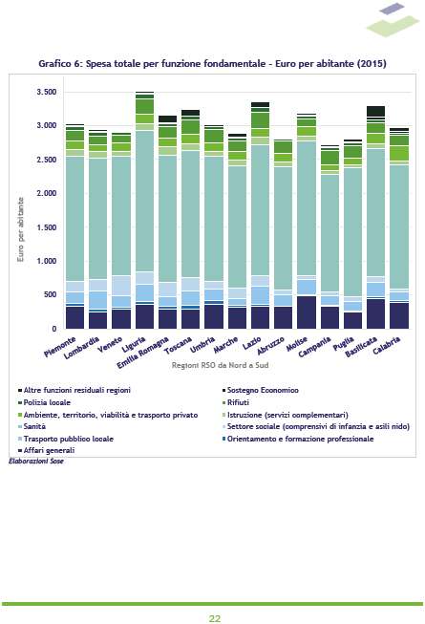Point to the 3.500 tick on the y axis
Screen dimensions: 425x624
coord(47,92)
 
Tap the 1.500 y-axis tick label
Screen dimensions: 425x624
coord(47,227)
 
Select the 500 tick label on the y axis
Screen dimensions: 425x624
coord(50,294)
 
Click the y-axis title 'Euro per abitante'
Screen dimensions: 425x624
coord(20,229)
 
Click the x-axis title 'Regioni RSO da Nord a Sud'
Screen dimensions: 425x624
coord(220,365)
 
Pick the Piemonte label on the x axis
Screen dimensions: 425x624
coord(59,346)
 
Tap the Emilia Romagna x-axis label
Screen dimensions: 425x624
coord(142,353)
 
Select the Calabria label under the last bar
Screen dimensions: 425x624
coord(387,345)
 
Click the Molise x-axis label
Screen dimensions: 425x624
coord(297,344)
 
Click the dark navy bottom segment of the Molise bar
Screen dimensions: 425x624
coord(307,312)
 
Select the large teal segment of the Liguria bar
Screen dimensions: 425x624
coord(145,201)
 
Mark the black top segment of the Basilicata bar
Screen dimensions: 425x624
coord(375,111)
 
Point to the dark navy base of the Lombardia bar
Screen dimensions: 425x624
coord(97,320)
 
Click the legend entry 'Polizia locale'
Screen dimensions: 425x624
coord(44,402)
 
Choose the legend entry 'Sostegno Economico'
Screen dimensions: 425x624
coord(260,391)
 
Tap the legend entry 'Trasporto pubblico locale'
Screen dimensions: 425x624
coord(66,439)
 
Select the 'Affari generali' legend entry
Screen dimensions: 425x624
coord(46,450)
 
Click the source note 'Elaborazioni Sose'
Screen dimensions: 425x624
coord(36,462)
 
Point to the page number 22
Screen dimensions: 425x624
coord(215,618)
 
